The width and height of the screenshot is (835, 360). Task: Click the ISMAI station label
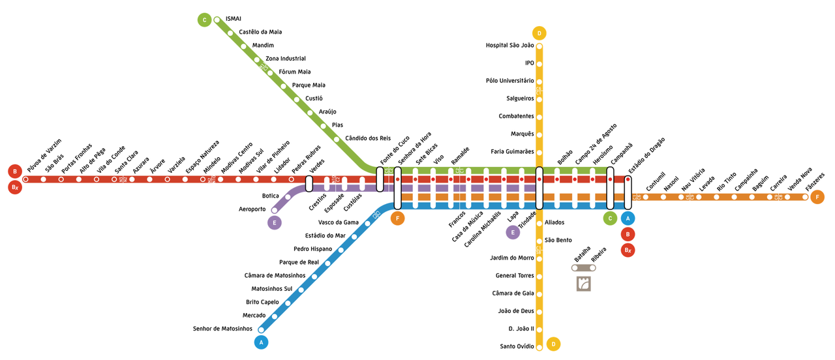tap(233, 19)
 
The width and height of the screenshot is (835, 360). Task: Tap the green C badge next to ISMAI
tap(205, 20)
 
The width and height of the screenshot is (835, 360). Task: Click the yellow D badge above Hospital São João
tap(539, 33)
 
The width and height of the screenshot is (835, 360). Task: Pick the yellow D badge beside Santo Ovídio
tap(553, 344)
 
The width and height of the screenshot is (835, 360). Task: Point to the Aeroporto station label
tap(252, 209)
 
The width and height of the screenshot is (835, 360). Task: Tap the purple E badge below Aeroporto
tap(275, 223)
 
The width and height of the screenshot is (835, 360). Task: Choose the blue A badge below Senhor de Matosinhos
tap(262, 342)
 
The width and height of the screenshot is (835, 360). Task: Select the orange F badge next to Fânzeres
tap(817, 197)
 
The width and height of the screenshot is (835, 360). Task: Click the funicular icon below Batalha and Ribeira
tap(584, 284)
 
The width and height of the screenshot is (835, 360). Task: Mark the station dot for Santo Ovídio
tap(539, 346)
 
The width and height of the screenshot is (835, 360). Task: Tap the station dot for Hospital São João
tap(539, 46)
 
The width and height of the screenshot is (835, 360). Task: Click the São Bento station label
tap(558, 240)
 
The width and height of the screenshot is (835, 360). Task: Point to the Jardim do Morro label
tap(511, 258)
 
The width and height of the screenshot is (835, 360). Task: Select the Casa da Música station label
tap(468, 226)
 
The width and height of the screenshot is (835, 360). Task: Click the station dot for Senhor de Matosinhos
tap(262, 329)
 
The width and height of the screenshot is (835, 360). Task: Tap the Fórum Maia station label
tap(294, 72)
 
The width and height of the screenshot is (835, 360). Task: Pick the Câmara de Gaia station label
tap(513, 293)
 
